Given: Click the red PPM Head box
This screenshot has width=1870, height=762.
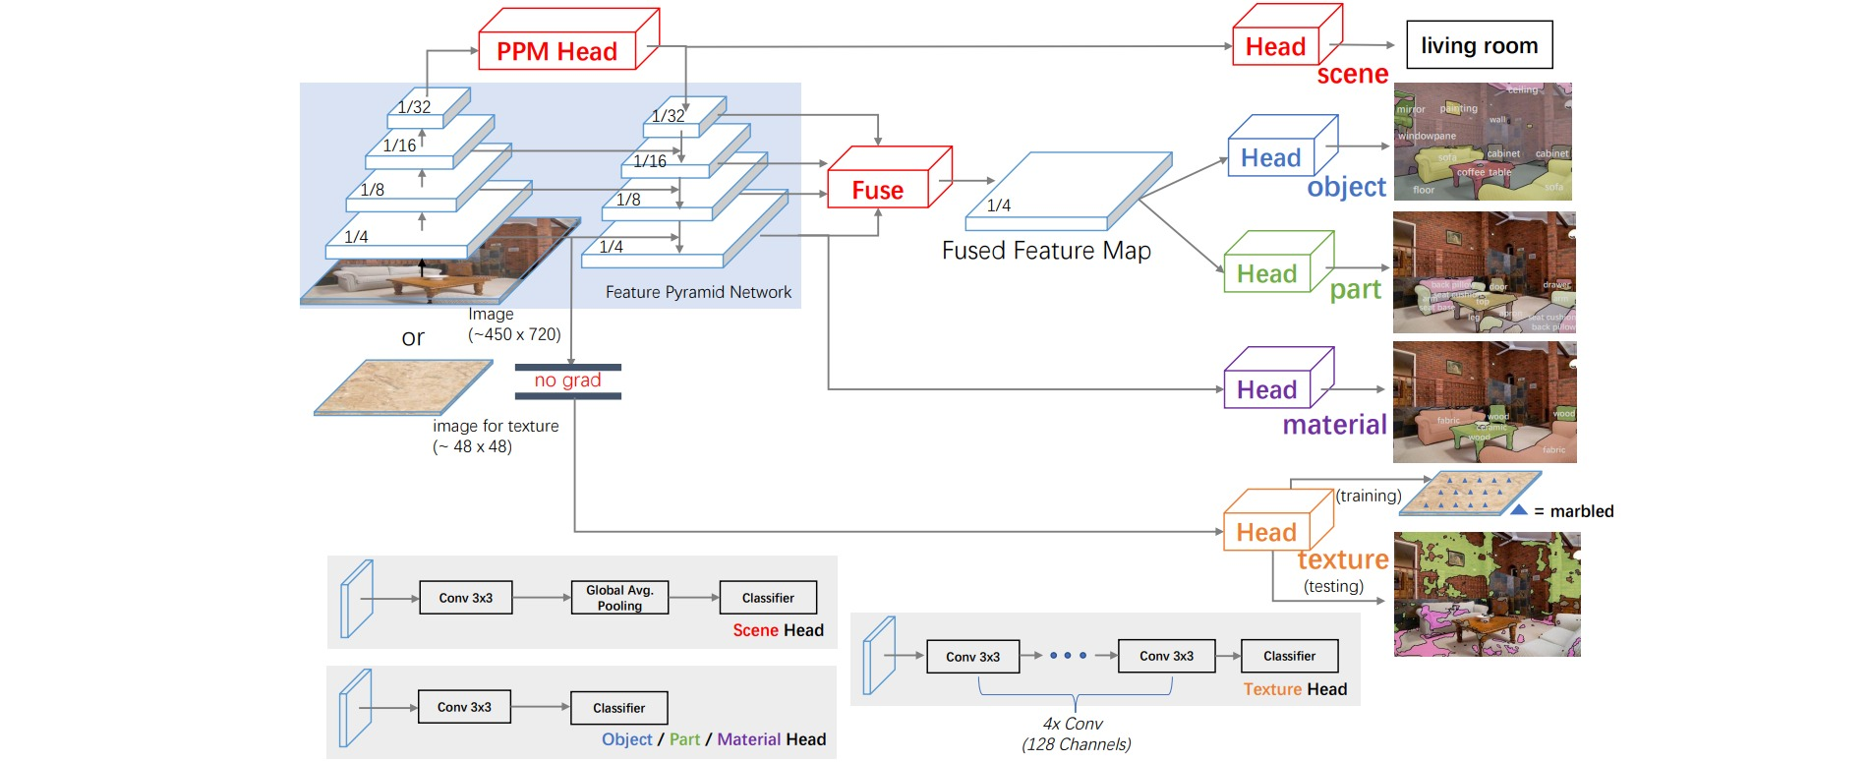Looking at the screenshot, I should click(x=556, y=51).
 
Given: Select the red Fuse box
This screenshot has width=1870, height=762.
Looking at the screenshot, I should click(x=878, y=190).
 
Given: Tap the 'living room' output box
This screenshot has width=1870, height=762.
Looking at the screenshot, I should click(x=1479, y=45).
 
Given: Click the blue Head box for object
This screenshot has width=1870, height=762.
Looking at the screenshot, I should click(x=1270, y=158).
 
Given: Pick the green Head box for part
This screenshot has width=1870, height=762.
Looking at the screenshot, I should click(x=1266, y=274).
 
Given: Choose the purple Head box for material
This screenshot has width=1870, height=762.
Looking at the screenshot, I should click(x=1266, y=390).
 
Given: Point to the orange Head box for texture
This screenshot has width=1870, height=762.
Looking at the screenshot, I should click(x=1266, y=533).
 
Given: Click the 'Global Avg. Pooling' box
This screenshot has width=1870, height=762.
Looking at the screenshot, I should click(x=619, y=598).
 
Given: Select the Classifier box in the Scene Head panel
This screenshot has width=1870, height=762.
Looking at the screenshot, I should click(x=768, y=598).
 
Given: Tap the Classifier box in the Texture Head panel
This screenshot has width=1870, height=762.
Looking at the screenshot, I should click(x=1289, y=656).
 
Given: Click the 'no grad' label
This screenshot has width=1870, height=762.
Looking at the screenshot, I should click(x=567, y=381).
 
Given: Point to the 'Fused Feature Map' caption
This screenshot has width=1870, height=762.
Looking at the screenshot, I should click(x=1046, y=251).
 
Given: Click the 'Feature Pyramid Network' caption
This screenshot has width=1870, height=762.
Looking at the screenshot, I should click(x=698, y=292).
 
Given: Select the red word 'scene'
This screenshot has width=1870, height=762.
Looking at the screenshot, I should click(x=1352, y=75).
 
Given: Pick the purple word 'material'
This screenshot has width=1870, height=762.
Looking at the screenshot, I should click(x=1334, y=425).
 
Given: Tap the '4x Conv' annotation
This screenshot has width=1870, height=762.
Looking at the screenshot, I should click(x=1073, y=724).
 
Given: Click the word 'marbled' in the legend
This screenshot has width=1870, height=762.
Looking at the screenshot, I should click(x=1581, y=511).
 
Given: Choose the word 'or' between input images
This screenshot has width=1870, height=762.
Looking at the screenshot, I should click(x=413, y=338).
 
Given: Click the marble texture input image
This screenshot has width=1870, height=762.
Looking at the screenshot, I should click(x=403, y=386).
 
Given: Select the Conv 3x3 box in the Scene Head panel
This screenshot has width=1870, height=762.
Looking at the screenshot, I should click(x=466, y=598).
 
